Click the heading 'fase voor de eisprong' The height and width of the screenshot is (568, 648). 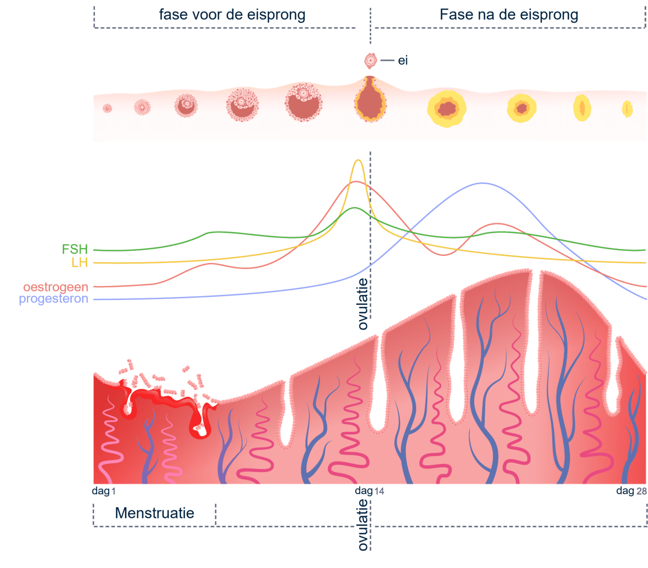pos(232,15)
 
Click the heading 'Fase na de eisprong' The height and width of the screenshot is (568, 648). pos(509,15)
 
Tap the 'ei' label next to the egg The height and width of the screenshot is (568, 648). pos(403,61)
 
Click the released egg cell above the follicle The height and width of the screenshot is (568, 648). pos(370,61)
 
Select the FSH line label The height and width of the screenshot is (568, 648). pos(75,249)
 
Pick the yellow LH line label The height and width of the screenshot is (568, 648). pos(80,263)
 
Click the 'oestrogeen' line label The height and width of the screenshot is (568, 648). pos(56,287)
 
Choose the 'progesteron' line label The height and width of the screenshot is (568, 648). pos(53,299)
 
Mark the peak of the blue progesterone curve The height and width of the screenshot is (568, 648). pos(482,183)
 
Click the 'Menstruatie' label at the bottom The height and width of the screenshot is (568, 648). pos(154,513)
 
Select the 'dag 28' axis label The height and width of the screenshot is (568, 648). pos(631,491)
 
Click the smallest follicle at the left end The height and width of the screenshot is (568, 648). pos(107,109)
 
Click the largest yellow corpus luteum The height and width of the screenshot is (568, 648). pos(447,109)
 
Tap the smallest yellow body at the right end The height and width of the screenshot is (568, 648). pos(627,109)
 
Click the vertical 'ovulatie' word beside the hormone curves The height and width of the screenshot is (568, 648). pos(363,304)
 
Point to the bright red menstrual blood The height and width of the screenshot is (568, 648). pos(167,400)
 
